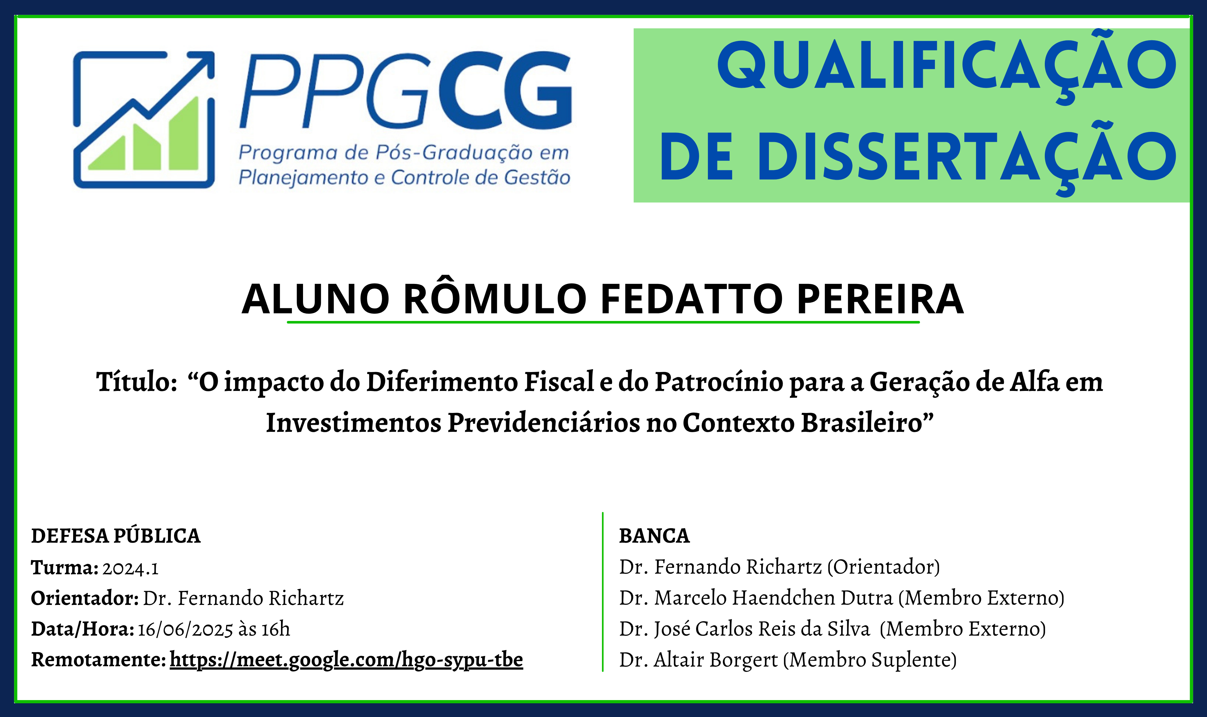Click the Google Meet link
coord(346,660)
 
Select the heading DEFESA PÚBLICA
coord(116,536)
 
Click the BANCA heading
coord(655,536)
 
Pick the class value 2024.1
coord(130,568)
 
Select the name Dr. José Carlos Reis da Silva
coord(744,629)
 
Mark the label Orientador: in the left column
coord(85,599)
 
